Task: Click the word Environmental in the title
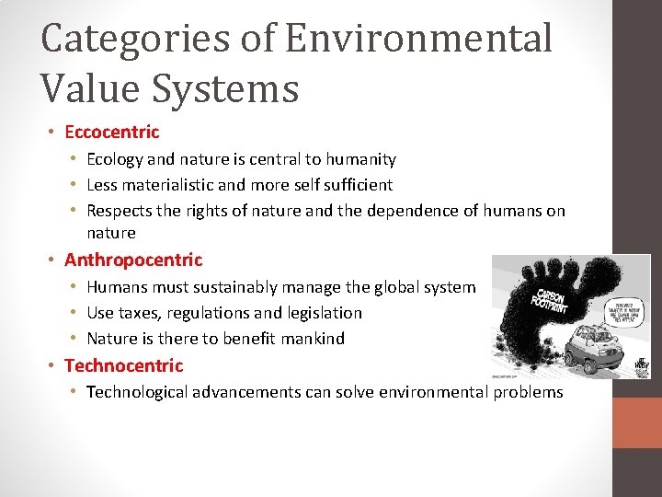(418, 39)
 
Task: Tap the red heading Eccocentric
(111, 132)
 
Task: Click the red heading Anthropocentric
(133, 260)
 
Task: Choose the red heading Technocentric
(123, 365)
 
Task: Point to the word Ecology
(116, 159)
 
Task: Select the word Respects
(120, 210)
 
